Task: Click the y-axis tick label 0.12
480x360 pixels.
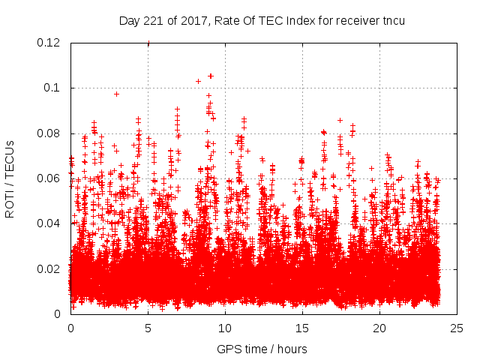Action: [49, 43]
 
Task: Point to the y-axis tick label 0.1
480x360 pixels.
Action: [52, 88]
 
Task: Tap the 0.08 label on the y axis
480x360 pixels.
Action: [49, 133]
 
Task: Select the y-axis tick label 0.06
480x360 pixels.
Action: [49, 178]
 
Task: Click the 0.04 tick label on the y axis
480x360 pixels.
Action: [49, 223]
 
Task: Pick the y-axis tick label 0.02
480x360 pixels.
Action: [49, 269]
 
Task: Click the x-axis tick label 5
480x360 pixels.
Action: [148, 328]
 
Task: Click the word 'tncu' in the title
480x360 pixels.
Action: [393, 20]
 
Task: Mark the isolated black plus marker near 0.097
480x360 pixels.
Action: [116, 94]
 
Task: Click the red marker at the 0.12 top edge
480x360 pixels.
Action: [148, 43]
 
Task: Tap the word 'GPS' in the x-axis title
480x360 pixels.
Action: [228, 349]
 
